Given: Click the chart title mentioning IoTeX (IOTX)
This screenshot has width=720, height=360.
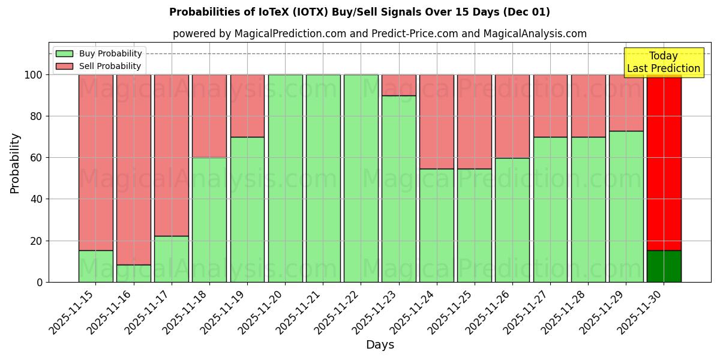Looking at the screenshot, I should pos(359,12).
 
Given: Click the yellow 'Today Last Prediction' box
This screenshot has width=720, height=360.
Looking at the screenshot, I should pos(663,62).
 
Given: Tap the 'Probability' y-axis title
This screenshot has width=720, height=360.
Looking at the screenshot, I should pos(15,163).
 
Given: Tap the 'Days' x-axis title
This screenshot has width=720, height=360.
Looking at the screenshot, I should pos(380,345).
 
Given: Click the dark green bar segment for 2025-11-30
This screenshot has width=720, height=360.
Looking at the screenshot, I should pos(664,266).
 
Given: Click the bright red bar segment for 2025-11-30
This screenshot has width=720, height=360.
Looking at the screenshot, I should pos(664,162).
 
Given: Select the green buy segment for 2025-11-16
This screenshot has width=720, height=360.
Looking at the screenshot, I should pos(133,273).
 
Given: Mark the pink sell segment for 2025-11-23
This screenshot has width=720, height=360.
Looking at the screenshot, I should pos(398,85).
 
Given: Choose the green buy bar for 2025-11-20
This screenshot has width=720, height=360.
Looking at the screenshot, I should pos(285,180).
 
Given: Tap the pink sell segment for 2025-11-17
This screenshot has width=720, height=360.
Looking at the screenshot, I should pos(171,155).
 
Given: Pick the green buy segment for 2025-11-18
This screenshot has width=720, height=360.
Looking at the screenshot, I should pos(209,220).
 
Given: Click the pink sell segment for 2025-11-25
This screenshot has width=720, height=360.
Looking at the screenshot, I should pos(474,122).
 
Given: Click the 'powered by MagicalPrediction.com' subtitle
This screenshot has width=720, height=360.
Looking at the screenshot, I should pos(379,34).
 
